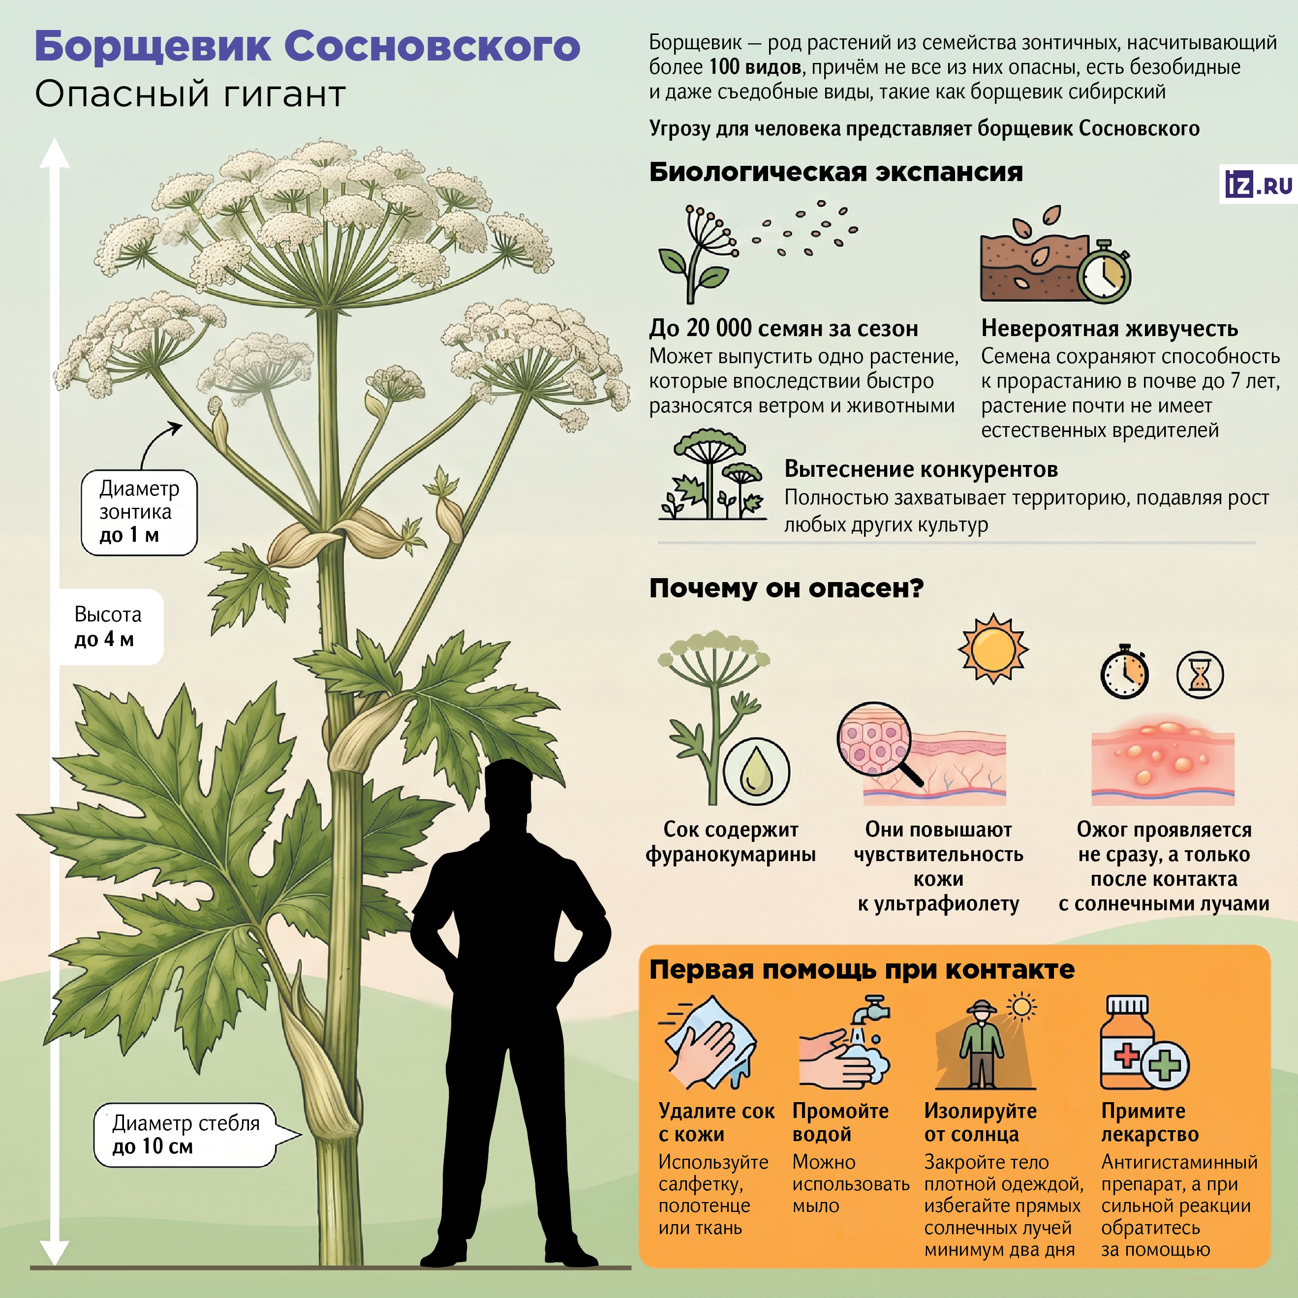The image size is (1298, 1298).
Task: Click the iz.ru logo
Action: pos(1258,184)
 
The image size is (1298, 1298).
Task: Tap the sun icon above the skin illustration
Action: pos(992,649)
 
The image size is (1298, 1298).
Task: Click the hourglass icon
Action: pos(1200,675)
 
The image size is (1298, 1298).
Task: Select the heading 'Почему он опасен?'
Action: pos(786,588)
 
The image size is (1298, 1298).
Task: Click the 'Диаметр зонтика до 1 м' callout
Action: pos(139,512)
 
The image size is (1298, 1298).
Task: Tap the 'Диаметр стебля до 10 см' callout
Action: pos(185,1135)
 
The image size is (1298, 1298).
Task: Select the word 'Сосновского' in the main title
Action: pos(432,46)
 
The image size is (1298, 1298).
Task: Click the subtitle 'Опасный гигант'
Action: pos(190,93)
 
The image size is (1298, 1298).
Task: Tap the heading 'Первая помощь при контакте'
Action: pos(862,969)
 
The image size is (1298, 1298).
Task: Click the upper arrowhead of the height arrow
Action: pos(55,153)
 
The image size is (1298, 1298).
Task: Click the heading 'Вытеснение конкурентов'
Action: pos(921,468)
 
